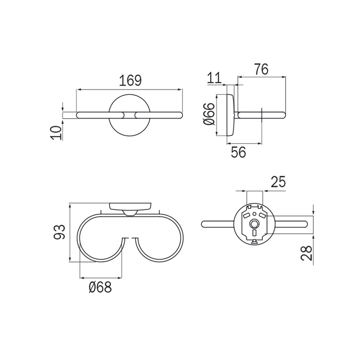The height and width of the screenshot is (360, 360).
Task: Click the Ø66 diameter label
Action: tap(208, 115)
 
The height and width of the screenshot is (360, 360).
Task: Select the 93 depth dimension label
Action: tap(60, 232)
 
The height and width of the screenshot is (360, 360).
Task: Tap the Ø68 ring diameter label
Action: tap(100, 288)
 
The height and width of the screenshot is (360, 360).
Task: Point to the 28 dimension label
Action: tap(309, 253)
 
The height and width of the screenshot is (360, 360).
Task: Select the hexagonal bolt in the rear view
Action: tap(254, 224)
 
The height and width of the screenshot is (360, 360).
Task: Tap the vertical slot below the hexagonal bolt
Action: tap(254, 233)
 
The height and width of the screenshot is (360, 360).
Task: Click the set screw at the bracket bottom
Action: tap(254, 242)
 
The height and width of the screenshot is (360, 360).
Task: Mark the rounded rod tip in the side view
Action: tap(284, 114)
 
